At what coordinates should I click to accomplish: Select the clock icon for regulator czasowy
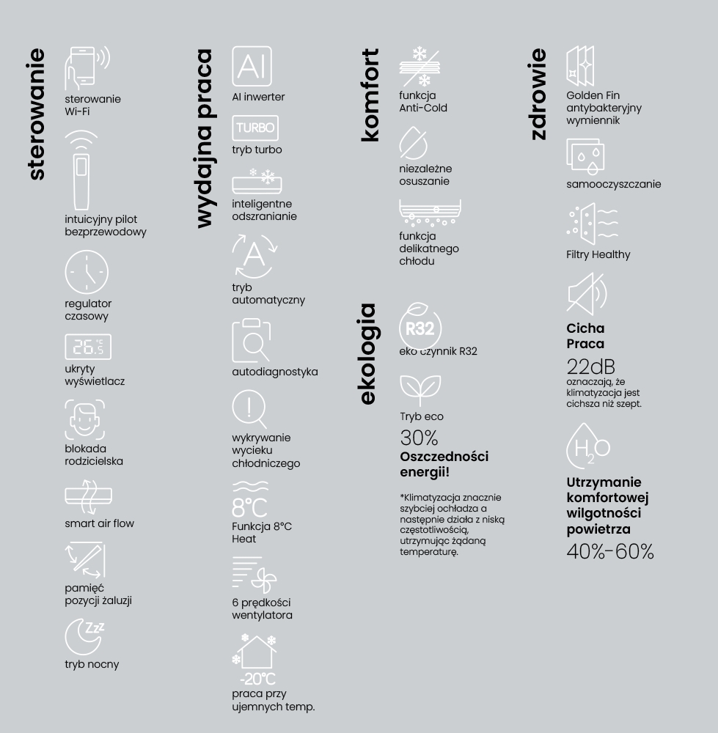click(87, 272)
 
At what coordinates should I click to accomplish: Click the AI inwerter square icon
click(252, 67)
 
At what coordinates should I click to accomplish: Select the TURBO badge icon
click(254, 128)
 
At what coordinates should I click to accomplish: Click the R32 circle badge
click(420, 328)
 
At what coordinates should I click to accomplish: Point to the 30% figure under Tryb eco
click(419, 438)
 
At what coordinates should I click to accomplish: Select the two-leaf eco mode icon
click(420, 388)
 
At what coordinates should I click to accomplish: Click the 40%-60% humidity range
click(609, 552)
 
